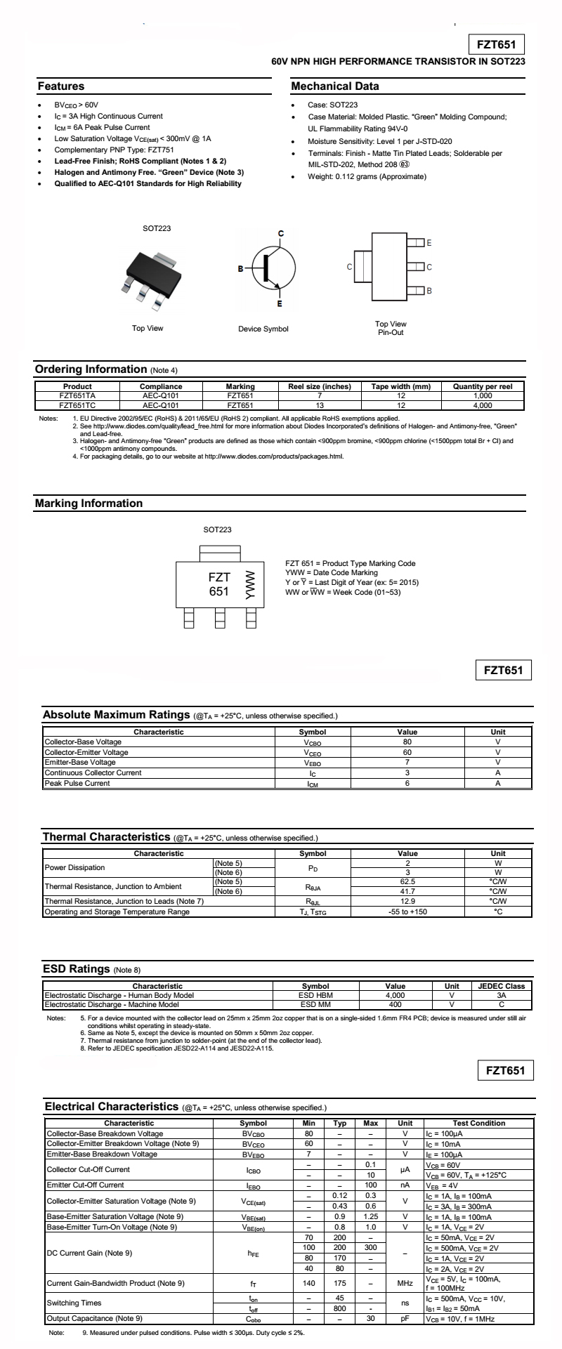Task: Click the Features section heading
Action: (60, 86)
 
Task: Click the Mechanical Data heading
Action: (335, 86)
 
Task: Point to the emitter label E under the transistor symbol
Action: (280, 303)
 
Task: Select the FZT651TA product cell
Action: (77, 395)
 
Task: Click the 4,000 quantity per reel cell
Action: (483, 405)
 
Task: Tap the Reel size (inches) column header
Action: (320, 386)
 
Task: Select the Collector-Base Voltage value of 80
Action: (407, 742)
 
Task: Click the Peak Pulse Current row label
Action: (77, 783)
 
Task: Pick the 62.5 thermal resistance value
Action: (407, 881)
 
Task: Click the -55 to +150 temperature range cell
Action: (407, 912)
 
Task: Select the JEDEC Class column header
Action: (502, 986)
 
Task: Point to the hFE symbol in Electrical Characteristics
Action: (253, 1252)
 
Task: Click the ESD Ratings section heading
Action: (76, 969)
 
